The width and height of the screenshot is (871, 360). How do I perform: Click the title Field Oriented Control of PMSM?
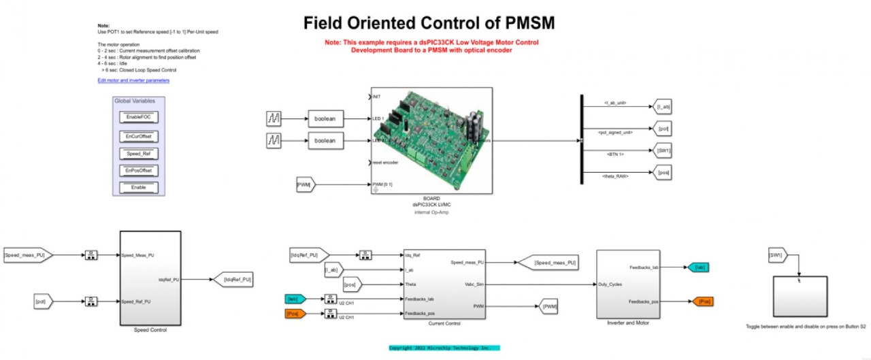429,23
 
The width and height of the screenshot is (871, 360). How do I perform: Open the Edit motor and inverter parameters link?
133,80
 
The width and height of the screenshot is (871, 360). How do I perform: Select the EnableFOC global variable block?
138,118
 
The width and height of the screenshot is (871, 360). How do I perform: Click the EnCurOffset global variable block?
138,136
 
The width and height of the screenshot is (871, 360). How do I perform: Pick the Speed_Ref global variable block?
138,154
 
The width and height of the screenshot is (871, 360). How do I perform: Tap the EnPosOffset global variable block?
138,170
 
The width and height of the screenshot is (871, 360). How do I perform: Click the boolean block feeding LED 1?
325,119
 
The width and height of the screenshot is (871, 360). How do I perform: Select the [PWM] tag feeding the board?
304,184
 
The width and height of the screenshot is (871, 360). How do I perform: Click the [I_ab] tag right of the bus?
663,108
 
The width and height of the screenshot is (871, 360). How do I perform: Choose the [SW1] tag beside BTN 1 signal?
663,151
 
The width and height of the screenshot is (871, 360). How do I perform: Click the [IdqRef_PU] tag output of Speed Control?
233,278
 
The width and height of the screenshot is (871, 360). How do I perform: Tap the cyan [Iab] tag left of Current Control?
296,298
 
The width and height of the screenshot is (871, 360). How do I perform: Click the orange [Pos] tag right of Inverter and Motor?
703,301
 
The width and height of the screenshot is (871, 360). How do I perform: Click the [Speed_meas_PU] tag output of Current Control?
548,262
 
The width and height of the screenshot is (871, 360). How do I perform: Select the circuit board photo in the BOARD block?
432,141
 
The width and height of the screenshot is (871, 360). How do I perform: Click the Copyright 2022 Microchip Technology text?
444,348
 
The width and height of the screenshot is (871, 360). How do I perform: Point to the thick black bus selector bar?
581,140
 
